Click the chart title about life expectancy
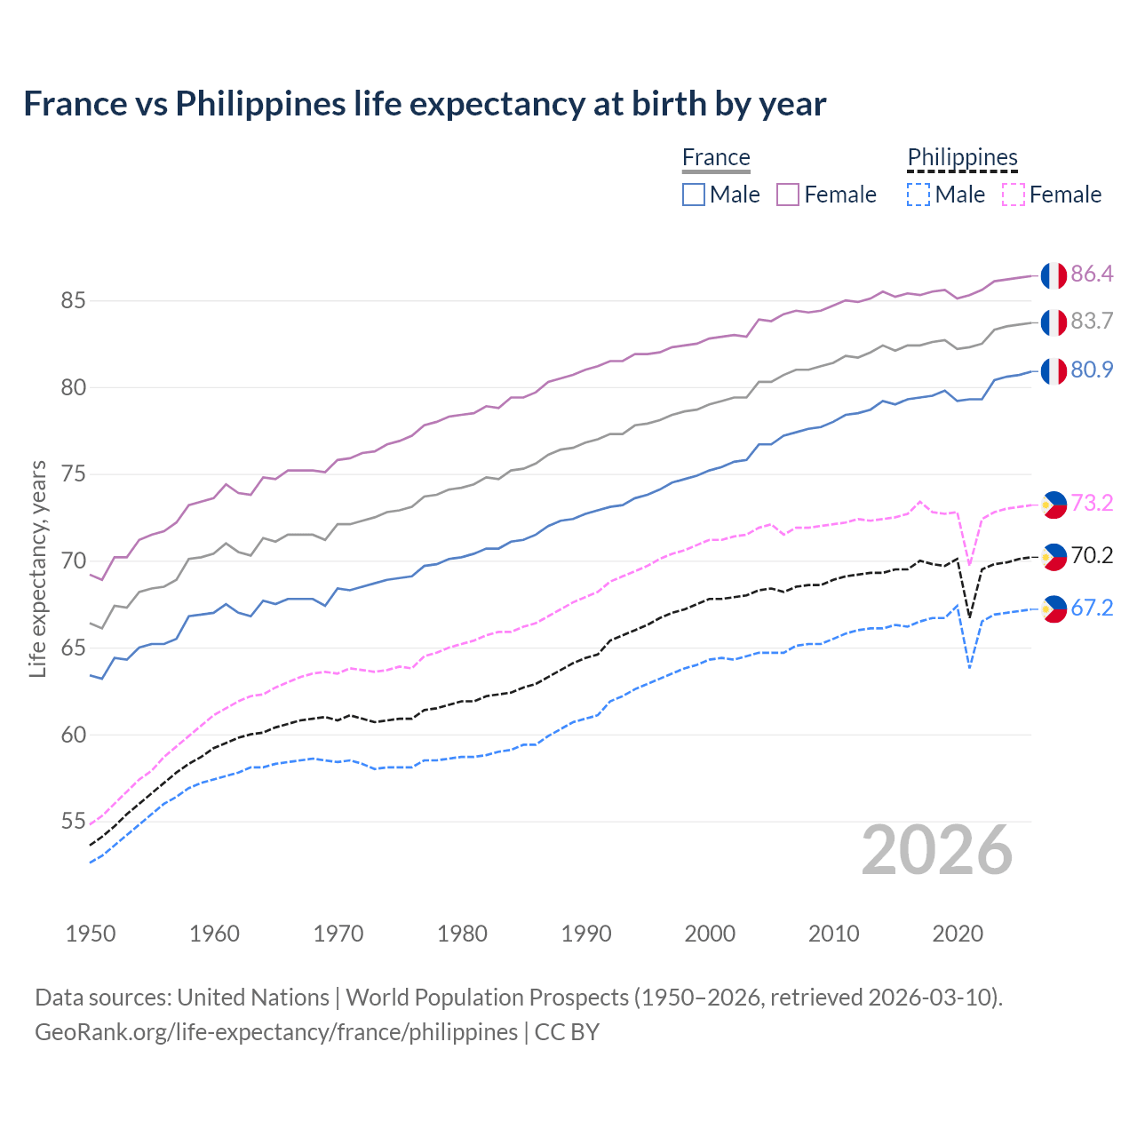[425, 104]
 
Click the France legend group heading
[716, 157]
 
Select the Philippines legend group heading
[962, 157]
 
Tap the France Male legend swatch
[694, 195]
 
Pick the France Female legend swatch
[788, 195]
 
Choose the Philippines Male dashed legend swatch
[918, 195]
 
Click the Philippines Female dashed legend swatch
[1014, 195]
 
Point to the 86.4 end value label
[1092, 274]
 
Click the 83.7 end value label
[1092, 322]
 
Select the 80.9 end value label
[1092, 370]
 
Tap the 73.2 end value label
[1092, 504]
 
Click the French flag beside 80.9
[1054, 371]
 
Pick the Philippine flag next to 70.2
[1054, 557]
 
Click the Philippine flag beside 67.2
[1054, 608]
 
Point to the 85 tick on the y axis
[73, 301]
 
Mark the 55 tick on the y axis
[73, 822]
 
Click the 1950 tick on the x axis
[91, 934]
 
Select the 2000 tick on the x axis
[710, 934]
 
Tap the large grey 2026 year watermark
[937, 850]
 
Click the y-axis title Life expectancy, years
[38, 568]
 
